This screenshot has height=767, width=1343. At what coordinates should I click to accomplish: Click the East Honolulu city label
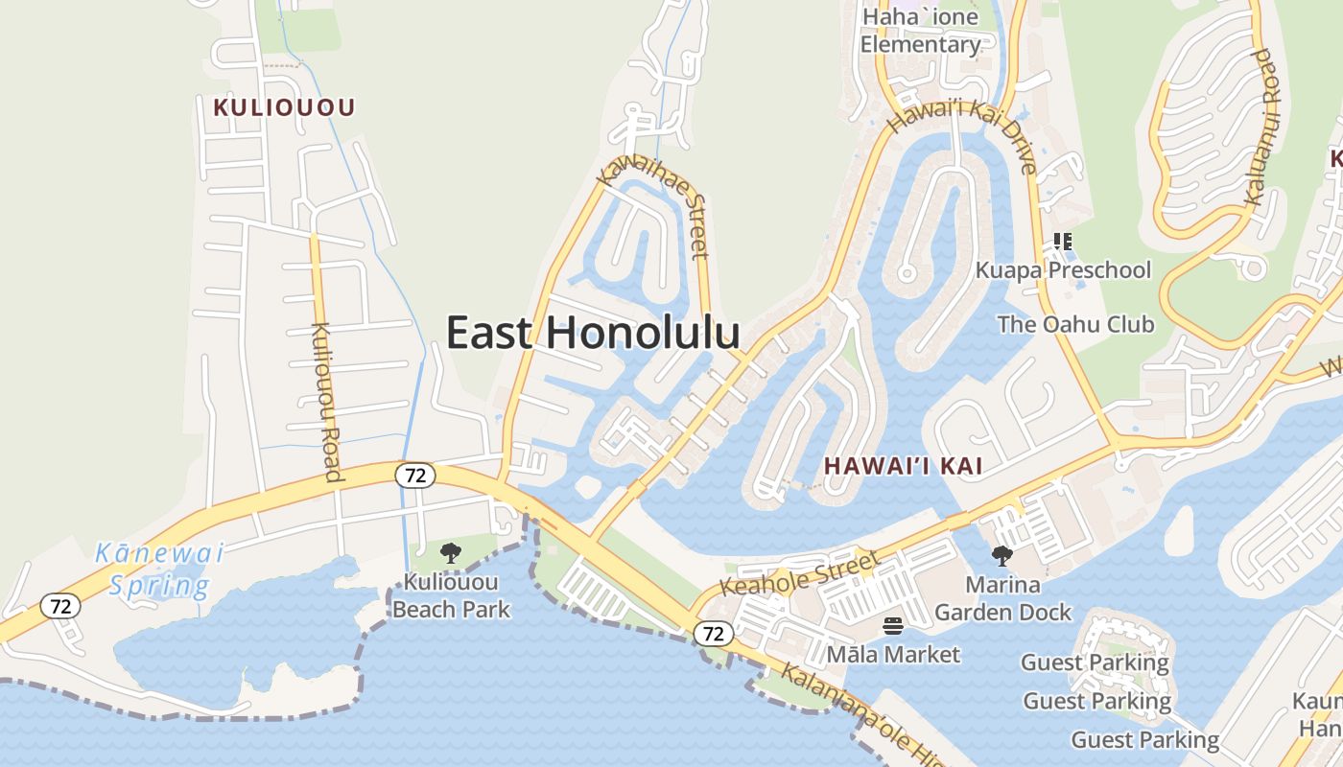593,333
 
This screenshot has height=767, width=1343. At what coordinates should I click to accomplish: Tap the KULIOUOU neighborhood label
284,107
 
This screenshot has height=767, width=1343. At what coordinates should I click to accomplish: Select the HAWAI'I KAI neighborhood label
904,466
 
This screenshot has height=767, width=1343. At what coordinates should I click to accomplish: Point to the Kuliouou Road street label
326,402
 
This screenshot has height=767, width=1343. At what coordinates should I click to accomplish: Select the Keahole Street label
798,572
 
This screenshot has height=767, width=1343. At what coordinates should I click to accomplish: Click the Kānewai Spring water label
159,569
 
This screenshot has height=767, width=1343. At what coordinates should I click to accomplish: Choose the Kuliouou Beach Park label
451,595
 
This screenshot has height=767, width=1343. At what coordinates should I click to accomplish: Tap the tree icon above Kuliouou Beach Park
450,553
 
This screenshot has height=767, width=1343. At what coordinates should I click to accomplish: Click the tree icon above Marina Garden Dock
1002,556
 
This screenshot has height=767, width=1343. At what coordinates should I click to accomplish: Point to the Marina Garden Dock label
1002,598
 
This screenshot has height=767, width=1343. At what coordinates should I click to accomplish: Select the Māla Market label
894,655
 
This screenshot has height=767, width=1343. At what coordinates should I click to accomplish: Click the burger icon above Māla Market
893,627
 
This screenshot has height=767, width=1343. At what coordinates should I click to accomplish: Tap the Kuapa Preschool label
1063,270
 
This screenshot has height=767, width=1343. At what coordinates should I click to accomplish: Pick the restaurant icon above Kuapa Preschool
1062,242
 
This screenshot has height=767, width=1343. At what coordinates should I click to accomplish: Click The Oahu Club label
1075,324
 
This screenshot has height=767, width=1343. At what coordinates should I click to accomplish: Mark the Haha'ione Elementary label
920,31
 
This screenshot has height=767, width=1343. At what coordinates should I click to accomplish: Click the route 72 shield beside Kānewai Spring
60,606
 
